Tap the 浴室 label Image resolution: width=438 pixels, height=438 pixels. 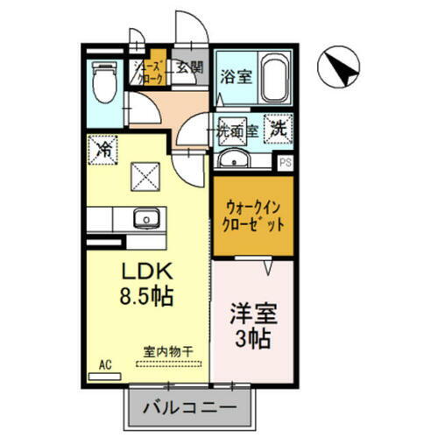point(238,76)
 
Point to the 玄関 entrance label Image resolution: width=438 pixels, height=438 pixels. point(187,67)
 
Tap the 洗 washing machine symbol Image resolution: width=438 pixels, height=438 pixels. point(277,127)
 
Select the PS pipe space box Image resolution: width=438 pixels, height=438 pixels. point(284,162)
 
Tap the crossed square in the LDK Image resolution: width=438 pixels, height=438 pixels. point(144,178)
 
